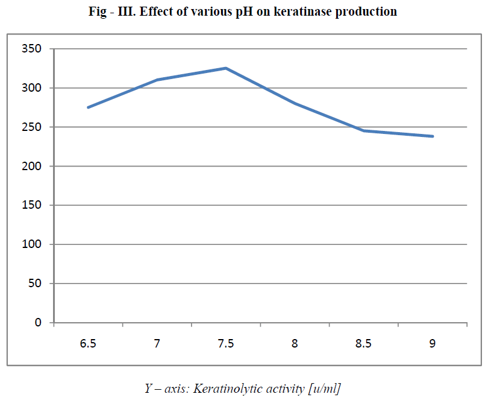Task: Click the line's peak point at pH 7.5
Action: [226, 68]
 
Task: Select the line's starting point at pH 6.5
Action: [88, 107]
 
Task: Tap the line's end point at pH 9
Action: [433, 136]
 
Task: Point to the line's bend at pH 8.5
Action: [364, 131]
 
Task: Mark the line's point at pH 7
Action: [157, 80]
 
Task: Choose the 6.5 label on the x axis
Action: [88, 343]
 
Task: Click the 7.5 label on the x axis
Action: [226, 343]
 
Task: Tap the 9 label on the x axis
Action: [433, 343]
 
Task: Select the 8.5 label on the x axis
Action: [364, 343]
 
